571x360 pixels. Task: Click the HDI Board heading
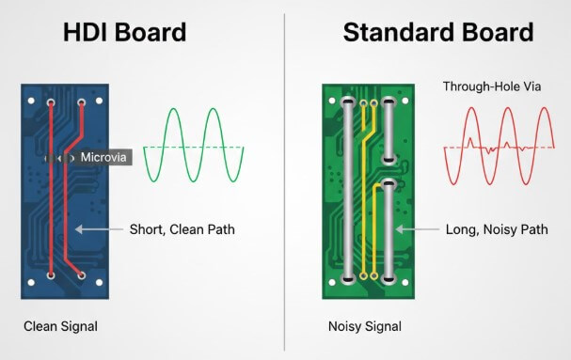[x=124, y=32]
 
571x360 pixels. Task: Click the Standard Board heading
[x=438, y=32]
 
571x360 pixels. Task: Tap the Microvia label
[x=103, y=157]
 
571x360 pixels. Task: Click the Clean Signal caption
[x=61, y=326]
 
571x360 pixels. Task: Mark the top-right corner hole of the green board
[x=406, y=97]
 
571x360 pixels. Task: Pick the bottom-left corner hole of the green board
[x=334, y=282]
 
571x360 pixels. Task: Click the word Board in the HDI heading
[x=152, y=32]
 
